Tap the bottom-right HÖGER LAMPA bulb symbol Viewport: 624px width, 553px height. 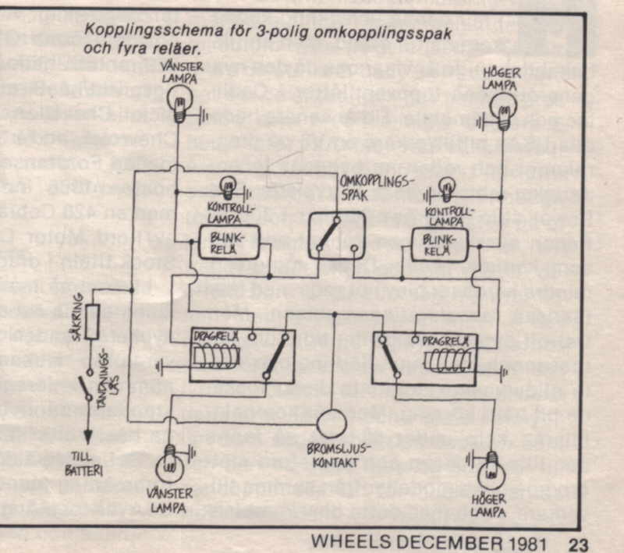click(491, 466)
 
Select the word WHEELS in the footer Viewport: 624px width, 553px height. click(352, 542)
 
